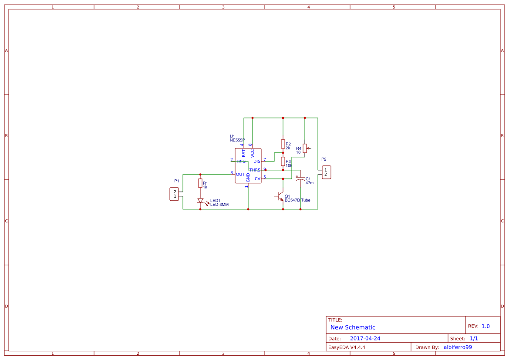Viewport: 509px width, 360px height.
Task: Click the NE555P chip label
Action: (x=237, y=140)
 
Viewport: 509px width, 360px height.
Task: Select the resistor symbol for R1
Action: (x=200, y=183)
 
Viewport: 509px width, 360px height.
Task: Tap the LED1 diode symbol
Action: (x=201, y=201)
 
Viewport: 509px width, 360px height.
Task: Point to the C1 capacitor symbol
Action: (x=300, y=178)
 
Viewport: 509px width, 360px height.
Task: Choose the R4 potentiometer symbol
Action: (x=305, y=148)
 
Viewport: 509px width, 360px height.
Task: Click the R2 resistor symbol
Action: (x=283, y=144)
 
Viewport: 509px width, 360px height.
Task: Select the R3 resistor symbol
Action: (x=283, y=161)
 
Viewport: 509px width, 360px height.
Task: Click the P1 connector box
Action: (x=174, y=194)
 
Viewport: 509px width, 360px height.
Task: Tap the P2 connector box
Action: (x=326, y=172)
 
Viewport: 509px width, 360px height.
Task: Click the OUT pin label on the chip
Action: (x=240, y=174)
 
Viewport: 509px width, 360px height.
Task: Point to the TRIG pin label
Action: (x=241, y=161)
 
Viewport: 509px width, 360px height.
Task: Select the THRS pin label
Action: (x=255, y=170)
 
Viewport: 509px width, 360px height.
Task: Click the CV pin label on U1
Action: (x=257, y=179)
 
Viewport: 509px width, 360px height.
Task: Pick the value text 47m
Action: (x=309, y=183)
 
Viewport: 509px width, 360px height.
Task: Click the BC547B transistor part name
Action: (x=292, y=200)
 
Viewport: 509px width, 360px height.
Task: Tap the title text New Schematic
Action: (x=353, y=327)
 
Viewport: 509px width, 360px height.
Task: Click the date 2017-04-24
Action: (x=365, y=339)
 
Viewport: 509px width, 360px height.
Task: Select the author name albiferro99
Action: (x=458, y=347)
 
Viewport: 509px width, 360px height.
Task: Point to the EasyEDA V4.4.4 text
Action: (x=347, y=347)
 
